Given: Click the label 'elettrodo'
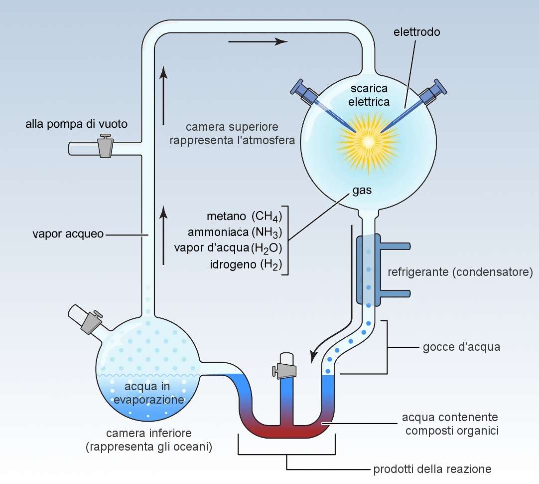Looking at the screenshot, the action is (x=416, y=32).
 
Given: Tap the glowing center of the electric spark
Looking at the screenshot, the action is (x=368, y=142).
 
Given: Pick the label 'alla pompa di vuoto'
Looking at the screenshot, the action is (x=76, y=124).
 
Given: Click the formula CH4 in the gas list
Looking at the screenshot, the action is (x=267, y=216).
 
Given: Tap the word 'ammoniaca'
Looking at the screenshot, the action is (x=218, y=233).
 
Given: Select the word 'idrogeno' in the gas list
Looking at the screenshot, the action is (x=233, y=264).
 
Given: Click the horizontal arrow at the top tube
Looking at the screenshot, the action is (x=258, y=41).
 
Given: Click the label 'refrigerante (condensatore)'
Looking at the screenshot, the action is (x=460, y=272).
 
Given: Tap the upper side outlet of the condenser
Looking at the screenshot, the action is (x=396, y=246).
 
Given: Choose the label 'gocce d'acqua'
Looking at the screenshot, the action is (x=461, y=347).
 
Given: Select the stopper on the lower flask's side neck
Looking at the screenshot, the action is (x=92, y=321).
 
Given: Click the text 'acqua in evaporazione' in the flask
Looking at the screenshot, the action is (x=148, y=393).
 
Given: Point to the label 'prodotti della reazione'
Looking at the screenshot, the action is (x=432, y=469).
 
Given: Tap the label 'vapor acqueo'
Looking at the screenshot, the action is (x=68, y=234).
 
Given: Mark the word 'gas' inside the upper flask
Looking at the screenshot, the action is (x=362, y=191).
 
